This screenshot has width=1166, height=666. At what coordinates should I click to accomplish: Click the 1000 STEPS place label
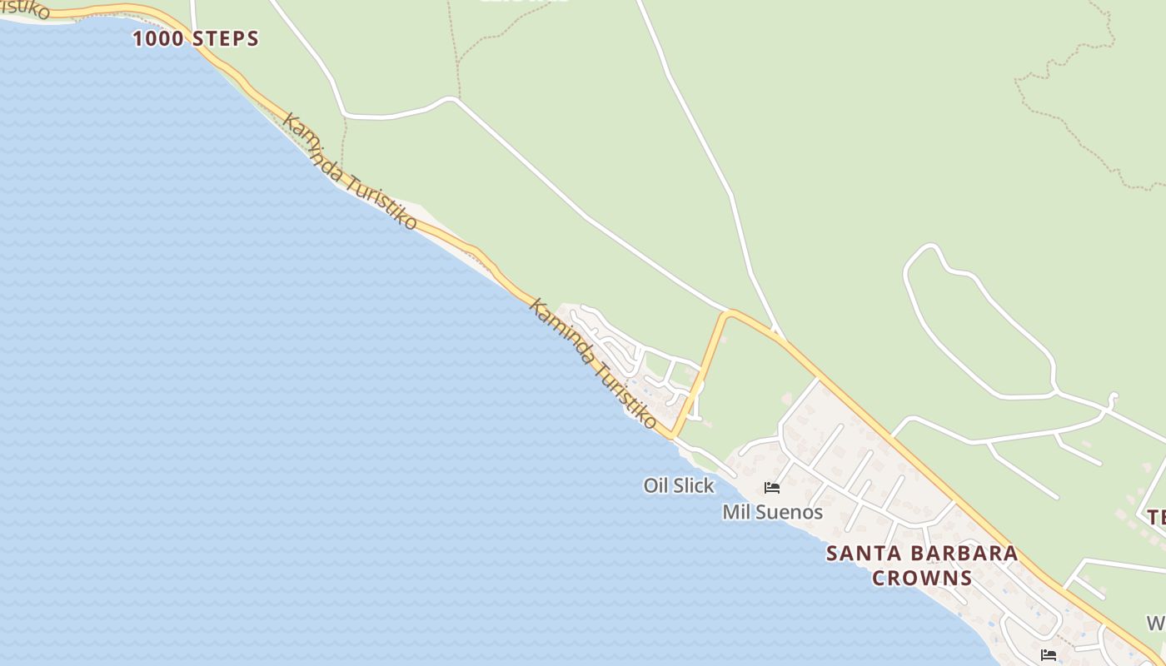[196, 38]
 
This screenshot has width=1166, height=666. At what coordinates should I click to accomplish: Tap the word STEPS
[226, 38]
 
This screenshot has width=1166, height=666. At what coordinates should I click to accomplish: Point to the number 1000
[159, 38]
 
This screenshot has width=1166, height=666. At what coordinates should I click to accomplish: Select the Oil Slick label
[679, 485]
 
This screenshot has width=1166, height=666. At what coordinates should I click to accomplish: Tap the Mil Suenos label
[772, 512]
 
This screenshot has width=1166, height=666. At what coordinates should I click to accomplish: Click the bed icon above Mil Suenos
[772, 488]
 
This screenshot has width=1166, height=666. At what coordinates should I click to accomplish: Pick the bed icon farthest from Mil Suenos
[1049, 655]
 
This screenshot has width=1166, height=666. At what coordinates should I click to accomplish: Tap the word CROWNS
[922, 578]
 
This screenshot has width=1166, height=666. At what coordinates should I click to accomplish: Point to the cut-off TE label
[1156, 517]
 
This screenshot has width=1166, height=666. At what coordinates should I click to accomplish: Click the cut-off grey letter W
[1156, 623]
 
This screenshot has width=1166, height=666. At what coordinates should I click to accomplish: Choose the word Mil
[735, 512]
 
